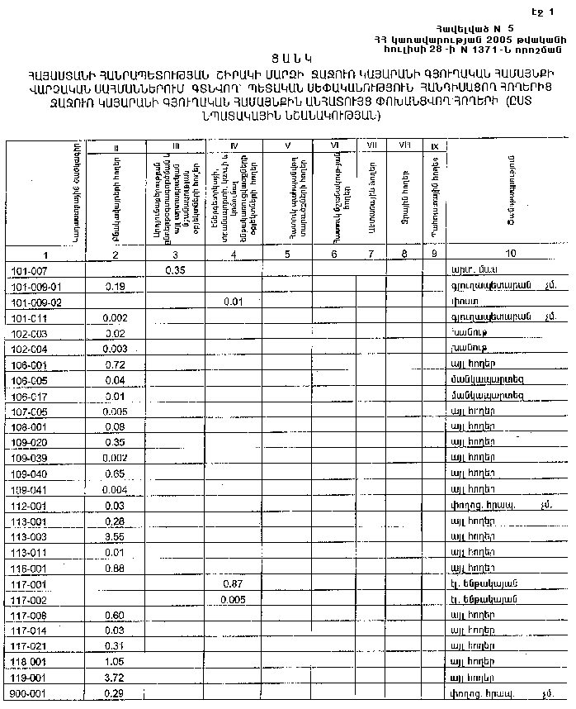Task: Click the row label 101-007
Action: click(29, 270)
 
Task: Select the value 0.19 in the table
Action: click(116, 286)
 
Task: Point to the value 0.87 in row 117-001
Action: click(234, 583)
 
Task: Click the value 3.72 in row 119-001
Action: click(116, 677)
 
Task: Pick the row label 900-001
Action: click(30, 692)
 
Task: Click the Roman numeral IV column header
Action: click(234, 147)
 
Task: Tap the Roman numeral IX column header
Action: click(434, 147)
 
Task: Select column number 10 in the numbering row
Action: click(511, 253)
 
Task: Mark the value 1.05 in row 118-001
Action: click(116, 662)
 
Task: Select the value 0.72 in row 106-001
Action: click(116, 364)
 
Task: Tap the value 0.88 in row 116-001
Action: click(116, 568)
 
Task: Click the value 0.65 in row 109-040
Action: click(116, 473)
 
